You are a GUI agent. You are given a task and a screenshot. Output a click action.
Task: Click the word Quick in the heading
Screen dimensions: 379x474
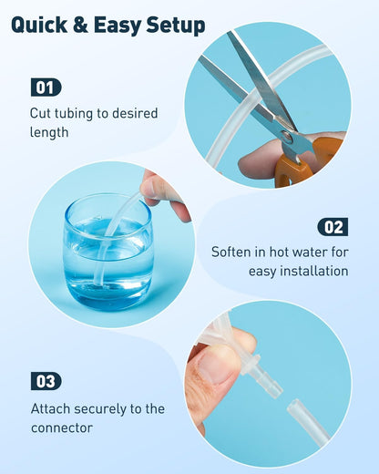39,25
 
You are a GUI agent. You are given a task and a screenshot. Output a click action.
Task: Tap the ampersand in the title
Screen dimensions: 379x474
80,25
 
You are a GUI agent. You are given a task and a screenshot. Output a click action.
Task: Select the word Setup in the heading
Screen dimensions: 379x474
176,26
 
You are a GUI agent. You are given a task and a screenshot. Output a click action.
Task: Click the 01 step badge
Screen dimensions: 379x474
46,88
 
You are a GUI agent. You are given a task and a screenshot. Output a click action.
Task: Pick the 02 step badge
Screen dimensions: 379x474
333,227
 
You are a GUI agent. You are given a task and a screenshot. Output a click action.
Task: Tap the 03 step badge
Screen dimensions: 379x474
46,381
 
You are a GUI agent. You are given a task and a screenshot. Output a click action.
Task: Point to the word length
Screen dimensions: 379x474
49,132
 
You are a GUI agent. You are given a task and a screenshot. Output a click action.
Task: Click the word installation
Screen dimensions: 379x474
314,271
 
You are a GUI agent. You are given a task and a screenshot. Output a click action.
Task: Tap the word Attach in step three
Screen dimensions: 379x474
51,408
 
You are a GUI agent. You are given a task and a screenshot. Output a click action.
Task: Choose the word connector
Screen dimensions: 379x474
62,428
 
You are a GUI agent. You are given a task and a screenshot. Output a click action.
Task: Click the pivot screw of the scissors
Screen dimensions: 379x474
287,137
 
